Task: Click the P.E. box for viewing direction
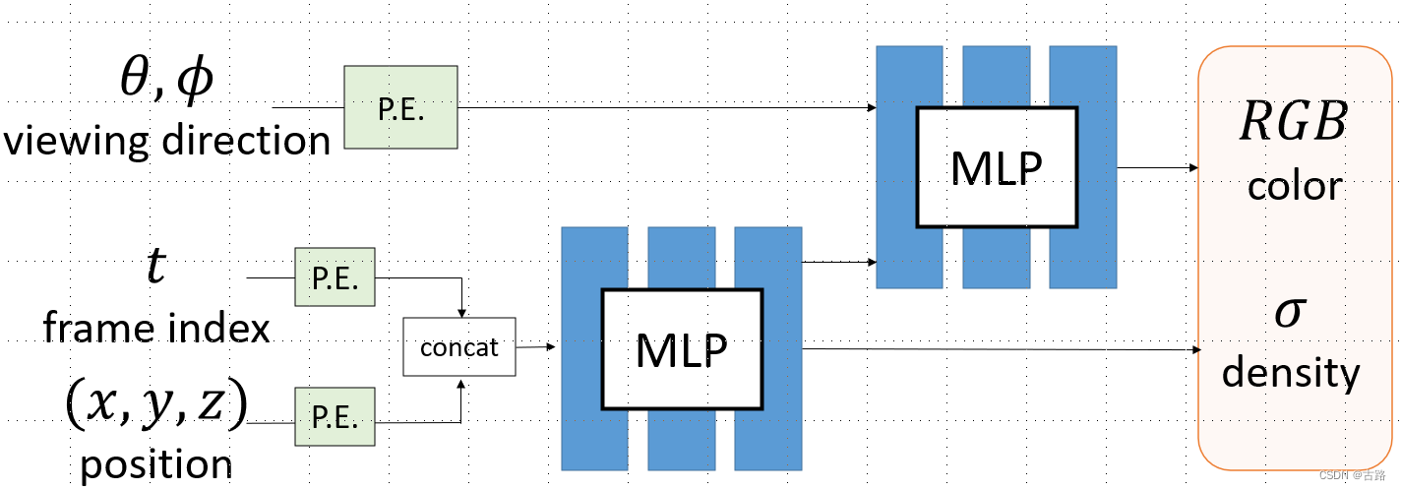point(400,107)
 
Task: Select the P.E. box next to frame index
point(335,276)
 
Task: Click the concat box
point(459,346)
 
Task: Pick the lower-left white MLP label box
point(681,348)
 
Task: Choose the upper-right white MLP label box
point(996,166)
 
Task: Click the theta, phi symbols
point(165,81)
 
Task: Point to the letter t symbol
point(155,266)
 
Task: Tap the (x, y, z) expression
point(155,404)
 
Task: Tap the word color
point(1294,185)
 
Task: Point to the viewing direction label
point(167,141)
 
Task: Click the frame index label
point(155,327)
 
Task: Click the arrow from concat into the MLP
point(536,346)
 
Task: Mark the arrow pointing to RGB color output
point(1158,167)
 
